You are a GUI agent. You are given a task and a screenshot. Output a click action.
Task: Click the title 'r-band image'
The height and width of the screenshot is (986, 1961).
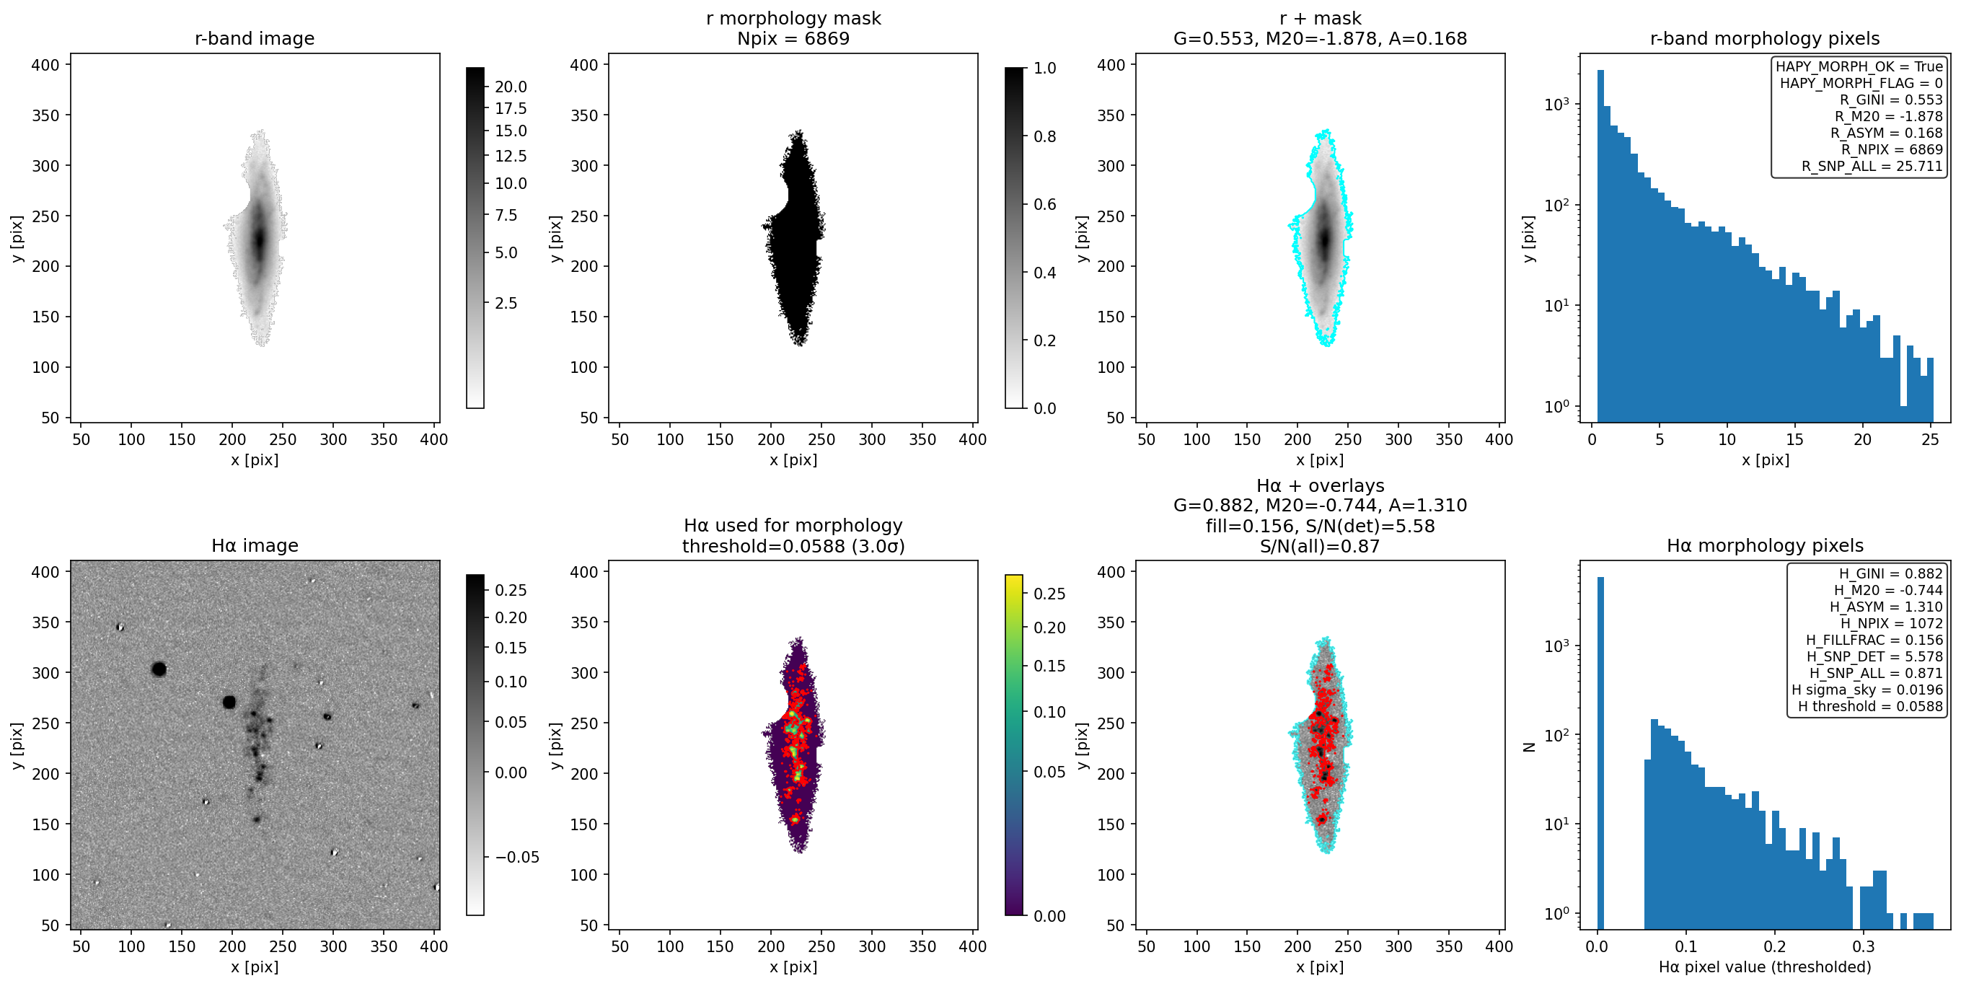[x=255, y=39]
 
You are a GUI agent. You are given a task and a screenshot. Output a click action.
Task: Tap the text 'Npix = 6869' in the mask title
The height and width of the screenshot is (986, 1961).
[x=793, y=39]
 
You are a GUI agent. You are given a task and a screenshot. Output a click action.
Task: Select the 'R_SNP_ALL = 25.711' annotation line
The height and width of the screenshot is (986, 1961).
[x=1872, y=166]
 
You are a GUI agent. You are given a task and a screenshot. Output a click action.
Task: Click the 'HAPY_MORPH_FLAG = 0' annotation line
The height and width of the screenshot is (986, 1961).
[x=1861, y=83]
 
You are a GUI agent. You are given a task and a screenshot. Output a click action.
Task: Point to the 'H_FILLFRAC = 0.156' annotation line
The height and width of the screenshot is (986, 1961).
[x=1874, y=641]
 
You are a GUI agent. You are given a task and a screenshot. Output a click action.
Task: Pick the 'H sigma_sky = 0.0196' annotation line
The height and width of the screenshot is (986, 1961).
[x=1867, y=690]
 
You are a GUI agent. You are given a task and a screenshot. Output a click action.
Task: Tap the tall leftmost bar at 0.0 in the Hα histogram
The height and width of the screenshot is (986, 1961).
[x=1600, y=752]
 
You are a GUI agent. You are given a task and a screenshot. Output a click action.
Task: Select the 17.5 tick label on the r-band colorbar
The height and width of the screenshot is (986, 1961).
[x=510, y=109]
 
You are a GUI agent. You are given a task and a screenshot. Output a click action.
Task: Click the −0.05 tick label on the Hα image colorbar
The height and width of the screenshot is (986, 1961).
[x=517, y=858]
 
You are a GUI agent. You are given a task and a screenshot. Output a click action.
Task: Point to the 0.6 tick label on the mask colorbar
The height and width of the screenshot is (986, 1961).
[x=1044, y=204]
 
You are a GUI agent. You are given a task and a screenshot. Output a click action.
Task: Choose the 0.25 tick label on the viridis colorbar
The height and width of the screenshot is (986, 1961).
[x=1049, y=594]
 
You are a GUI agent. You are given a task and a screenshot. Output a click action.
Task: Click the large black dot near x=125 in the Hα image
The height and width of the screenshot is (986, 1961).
[x=159, y=669]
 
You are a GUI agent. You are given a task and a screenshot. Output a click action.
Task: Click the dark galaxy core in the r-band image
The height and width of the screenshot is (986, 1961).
[x=259, y=239]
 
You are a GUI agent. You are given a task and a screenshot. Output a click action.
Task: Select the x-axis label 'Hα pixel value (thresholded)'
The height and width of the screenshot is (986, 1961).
[x=1765, y=967]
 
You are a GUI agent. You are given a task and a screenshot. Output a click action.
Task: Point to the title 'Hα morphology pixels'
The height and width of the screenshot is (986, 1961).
[x=1765, y=546]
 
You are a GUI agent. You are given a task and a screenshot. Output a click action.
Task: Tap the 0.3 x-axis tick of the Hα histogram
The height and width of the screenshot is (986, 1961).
[x=1863, y=946]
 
